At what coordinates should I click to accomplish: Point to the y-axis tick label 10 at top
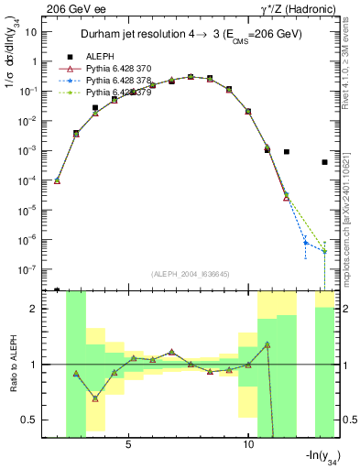click(x=31, y=31)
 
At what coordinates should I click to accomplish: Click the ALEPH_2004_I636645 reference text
click(x=191, y=275)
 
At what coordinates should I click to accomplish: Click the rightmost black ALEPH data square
click(x=324, y=162)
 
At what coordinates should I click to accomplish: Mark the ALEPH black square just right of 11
click(x=286, y=152)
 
